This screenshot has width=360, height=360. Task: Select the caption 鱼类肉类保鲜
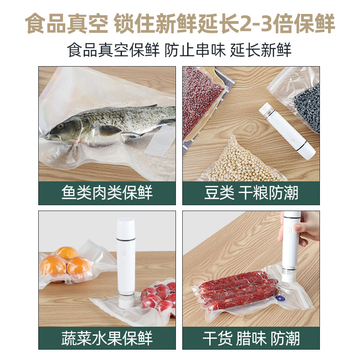[x=107, y=193]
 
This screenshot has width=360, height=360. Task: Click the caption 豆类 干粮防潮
[x=251, y=193]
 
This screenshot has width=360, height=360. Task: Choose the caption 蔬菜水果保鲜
[x=107, y=337]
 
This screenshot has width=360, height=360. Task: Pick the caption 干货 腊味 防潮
[x=251, y=337]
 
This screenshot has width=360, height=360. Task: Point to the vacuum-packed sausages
[x=238, y=286]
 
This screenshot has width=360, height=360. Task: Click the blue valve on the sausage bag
[x=283, y=297]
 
